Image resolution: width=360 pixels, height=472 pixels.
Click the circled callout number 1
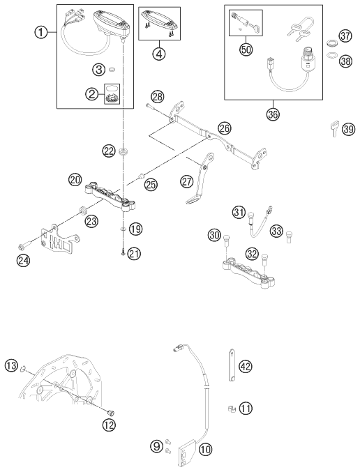click(41, 32)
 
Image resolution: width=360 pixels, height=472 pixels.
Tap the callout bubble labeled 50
click(246, 50)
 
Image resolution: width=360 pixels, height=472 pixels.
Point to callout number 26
click(225, 128)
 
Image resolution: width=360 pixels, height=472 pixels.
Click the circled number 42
click(245, 366)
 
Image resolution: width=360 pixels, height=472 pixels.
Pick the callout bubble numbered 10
click(205, 450)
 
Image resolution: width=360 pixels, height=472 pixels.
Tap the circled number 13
click(11, 366)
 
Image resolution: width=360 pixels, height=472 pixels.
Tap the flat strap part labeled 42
click(232, 365)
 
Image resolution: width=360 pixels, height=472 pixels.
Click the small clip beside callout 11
click(232, 409)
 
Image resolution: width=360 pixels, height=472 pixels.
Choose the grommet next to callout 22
click(123, 151)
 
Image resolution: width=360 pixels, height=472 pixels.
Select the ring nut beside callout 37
click(331, 43)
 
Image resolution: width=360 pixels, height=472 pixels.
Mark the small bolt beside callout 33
click(290, 237)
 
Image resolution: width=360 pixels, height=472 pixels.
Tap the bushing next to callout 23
click(82, 210)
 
